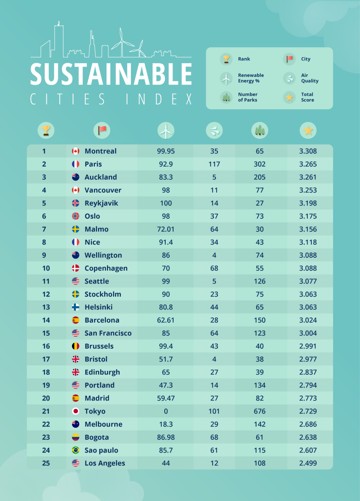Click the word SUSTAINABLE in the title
click(111, 74)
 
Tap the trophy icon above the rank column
click(46, 130)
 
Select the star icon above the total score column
click(308, 130)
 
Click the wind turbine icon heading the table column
click(166, 130)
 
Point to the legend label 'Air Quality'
click(309, 78)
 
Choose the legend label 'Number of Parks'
click(248, 97)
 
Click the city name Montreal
click(101, 151)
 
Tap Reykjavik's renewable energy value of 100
click(166, 203)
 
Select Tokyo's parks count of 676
click(259, 411)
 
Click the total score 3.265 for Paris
click(308, 164)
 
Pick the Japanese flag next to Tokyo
click(75, 411)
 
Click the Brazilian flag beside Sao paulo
click(75, 450)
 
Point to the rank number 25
click(46, 463)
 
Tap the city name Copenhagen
click(106, 268)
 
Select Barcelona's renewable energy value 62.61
click(166, 320)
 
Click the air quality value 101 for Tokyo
click(214, 411)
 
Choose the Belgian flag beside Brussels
click(75, 346)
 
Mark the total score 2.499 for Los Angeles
click(308, 463)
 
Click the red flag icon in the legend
click(290, 59)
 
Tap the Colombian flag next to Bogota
click(75, 437)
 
